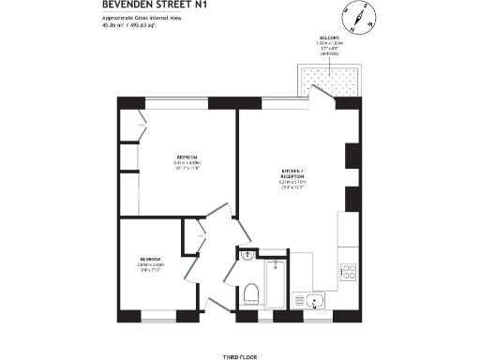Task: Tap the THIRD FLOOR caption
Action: click(239, 332)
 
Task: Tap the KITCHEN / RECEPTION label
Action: click(294, 174)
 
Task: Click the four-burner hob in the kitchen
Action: click(347, 272)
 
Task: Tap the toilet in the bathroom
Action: click(249, 295)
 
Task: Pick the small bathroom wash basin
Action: click(247, 255)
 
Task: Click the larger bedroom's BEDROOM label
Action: click(188, 157)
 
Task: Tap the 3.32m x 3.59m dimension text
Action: click(188, 163)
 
